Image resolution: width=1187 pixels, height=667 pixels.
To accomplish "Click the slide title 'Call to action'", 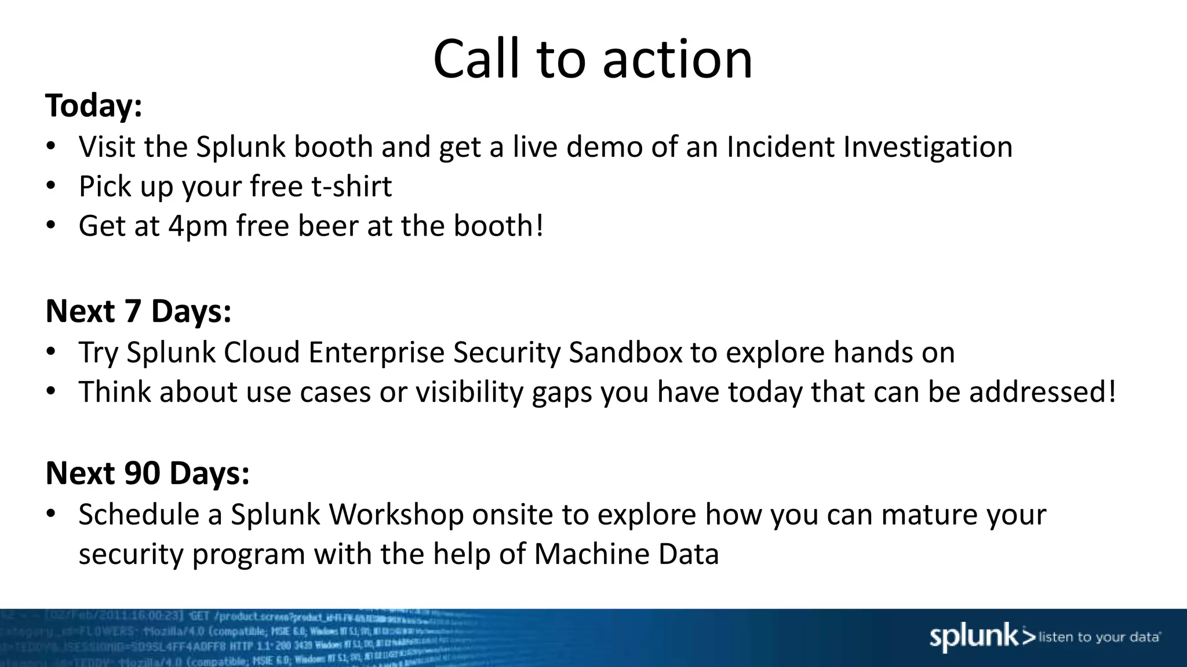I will click(x=592, y=59).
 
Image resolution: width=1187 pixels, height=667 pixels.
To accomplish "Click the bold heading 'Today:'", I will click(x=94, y=106).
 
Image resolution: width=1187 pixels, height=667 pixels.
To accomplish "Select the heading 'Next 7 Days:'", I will click(x=139, y=311).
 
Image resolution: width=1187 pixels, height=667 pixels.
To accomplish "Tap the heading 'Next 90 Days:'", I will click(x=148, y=473).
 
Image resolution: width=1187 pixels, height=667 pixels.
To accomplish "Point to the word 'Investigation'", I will click(x=927, y=148).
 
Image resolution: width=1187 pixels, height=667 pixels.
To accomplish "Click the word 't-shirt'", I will click(x=351, y=186).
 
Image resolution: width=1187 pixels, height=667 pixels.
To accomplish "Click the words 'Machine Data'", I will click(x=626, y=554).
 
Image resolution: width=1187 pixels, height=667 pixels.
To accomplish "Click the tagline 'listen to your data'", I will click(x=1099, y=637).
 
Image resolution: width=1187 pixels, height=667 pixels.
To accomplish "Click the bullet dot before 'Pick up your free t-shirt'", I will click(x=51, y=186).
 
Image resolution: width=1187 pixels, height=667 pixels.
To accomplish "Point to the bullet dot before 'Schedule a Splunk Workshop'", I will click(x=51, y=514).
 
